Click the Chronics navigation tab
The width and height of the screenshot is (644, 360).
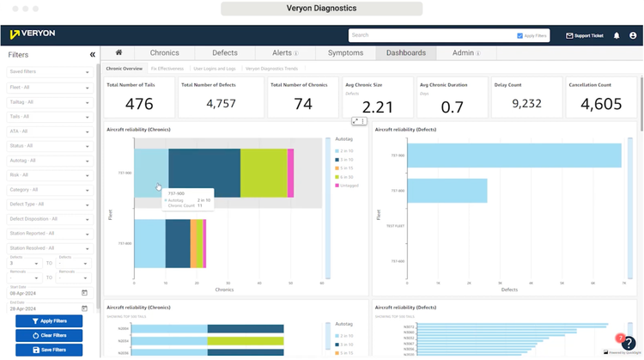point(164,52)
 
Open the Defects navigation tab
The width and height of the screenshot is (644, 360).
point(224,52)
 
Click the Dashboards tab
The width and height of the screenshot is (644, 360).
point(405,52)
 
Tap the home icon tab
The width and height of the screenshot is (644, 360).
point(118,52)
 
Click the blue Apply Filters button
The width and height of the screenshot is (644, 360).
point(49,320)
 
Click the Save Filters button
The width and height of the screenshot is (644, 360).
point(49,349)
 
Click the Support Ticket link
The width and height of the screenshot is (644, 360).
point(585,36)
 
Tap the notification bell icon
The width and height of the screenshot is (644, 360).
point(616,36)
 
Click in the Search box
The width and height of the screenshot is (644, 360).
point(429,36)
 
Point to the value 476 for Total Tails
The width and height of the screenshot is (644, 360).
point(139,104)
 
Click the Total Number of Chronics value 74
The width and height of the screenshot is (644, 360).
point(303,104)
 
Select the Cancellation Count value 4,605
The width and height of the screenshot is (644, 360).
point(601,104)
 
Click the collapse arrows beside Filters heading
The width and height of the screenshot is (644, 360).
point(92,55)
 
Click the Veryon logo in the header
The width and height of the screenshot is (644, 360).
point(33,35)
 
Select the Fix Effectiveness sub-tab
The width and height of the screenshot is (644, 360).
point(169,67)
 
